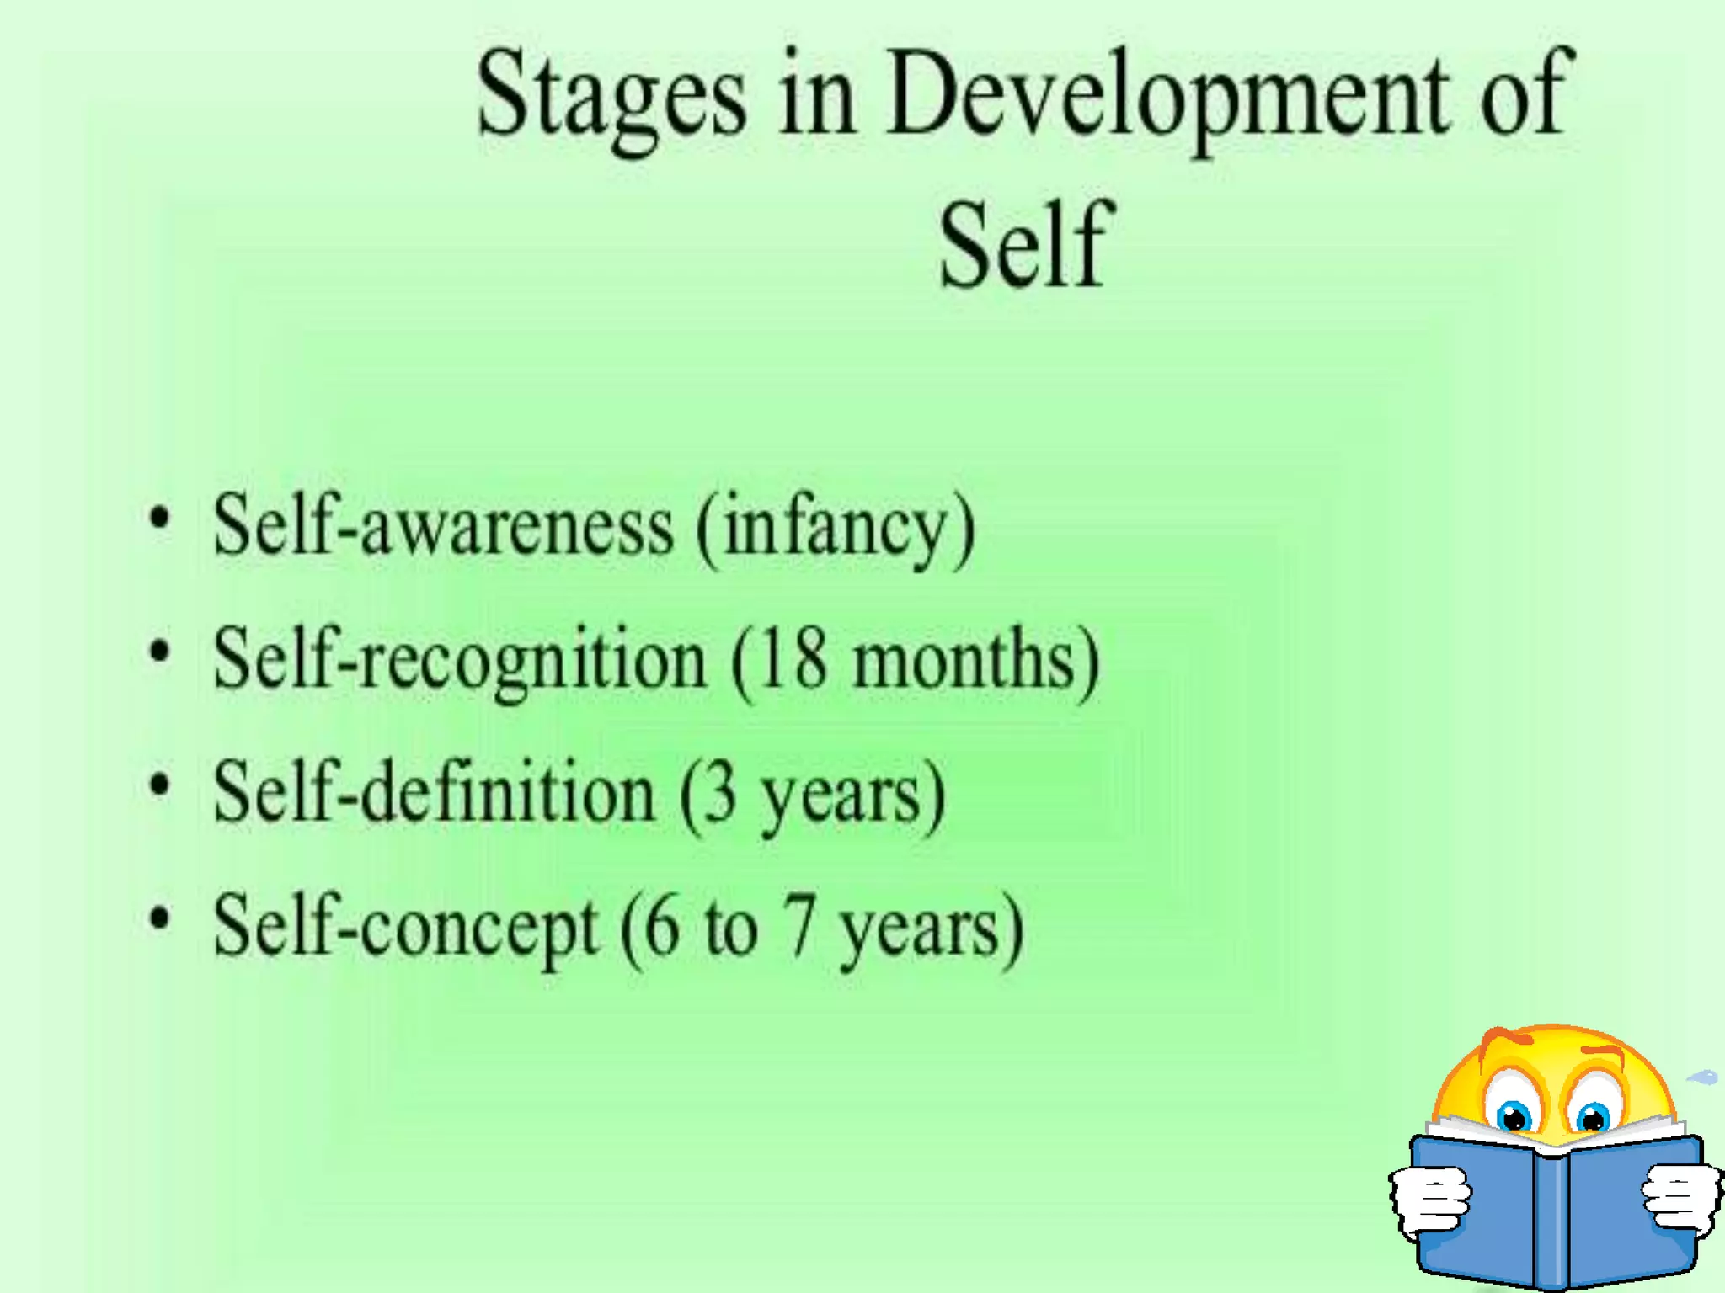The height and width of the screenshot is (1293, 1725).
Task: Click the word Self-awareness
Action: [443, 526]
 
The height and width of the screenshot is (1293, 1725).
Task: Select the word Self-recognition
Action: [460, 661]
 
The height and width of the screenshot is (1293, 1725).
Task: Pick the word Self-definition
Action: [434, 793]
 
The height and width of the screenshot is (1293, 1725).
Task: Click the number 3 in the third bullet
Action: [720, 793]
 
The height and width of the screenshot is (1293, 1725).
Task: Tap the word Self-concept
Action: [406, 928]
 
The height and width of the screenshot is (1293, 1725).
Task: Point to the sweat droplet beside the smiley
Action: [1703, 1077]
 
